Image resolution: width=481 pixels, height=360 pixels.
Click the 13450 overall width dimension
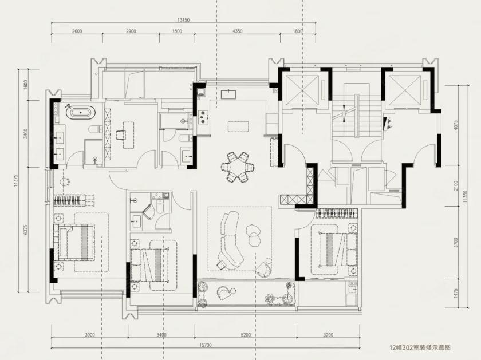(x=183, y=20)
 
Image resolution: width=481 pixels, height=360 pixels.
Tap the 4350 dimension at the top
(x=238, y=31)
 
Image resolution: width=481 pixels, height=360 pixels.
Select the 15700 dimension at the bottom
(x=206, y=345)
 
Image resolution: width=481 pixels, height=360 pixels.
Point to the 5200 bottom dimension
(x=246, y=335)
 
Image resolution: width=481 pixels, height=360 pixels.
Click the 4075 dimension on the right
(x=456, y=125)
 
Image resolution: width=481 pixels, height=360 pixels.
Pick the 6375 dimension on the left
(x=26, y=230)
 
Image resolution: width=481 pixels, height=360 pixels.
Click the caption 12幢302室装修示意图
(x=420, y=348)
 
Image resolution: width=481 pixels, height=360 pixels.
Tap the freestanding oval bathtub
(x=81, y=113)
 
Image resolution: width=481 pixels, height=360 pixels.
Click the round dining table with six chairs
(x=238, y=167)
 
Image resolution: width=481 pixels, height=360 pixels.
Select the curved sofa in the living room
(x=228, y=239)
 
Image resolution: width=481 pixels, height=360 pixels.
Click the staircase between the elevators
(x=356, y=117)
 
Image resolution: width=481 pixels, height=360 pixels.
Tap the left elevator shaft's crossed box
(x=302, y=88)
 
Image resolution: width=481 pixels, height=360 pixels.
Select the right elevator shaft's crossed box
(x=404, y=88)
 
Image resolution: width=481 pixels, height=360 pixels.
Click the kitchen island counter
(x=238, y=126)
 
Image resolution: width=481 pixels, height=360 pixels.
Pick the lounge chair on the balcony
(x=225, y=293)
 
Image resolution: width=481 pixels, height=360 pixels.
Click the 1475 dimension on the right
(x=456, y=294)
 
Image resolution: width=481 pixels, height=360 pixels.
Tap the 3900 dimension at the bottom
(x=90, y=335)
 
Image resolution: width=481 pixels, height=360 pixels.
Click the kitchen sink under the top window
(x=228, y=94)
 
